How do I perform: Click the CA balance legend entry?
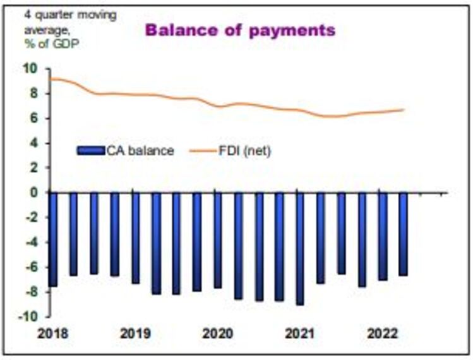click(x=126, y=150)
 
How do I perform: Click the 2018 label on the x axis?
click(x=52, y=333)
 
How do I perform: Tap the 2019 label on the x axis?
click(x=135, y=333)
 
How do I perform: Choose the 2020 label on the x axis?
click(x=217, y=333)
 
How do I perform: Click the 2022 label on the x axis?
click(x=382, y=333)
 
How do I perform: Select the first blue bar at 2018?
click(x=53, y=239)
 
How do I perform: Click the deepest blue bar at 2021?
click(x=300, y=249)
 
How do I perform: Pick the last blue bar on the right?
click(x=403, y=234)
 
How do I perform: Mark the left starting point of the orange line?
click(x=51, y=79)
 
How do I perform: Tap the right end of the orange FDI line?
click(x=404, y=110)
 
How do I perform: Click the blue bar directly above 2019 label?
click(x=135, y=238)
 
